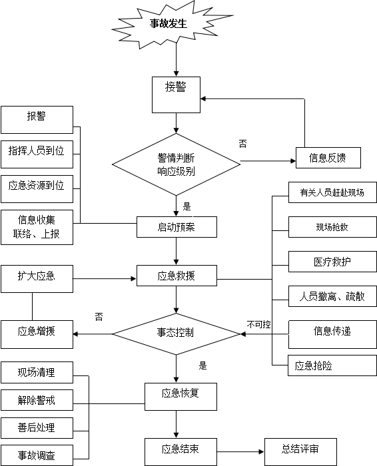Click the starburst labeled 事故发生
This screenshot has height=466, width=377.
171,25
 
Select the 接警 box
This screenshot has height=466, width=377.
176,95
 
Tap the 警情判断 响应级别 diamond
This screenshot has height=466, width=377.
176,164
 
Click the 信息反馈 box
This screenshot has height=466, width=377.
328,158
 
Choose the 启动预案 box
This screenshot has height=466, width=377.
177,227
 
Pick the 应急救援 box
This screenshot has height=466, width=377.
177,276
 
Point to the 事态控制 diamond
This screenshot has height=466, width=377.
176,334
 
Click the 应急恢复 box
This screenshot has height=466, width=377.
181,397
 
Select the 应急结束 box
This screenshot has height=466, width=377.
181,452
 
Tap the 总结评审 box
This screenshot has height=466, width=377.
300,452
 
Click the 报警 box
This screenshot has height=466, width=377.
37,120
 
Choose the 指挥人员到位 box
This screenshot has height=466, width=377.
37,154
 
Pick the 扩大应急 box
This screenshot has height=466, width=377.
37,279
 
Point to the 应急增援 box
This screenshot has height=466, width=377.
37,334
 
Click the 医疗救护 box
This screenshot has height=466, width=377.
332,262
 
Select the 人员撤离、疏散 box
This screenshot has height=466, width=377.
332,296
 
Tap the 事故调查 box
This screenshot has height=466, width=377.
37,455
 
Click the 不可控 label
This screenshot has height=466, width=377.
258,324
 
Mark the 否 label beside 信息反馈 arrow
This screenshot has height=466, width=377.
243,144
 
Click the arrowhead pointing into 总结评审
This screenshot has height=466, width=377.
262,452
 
